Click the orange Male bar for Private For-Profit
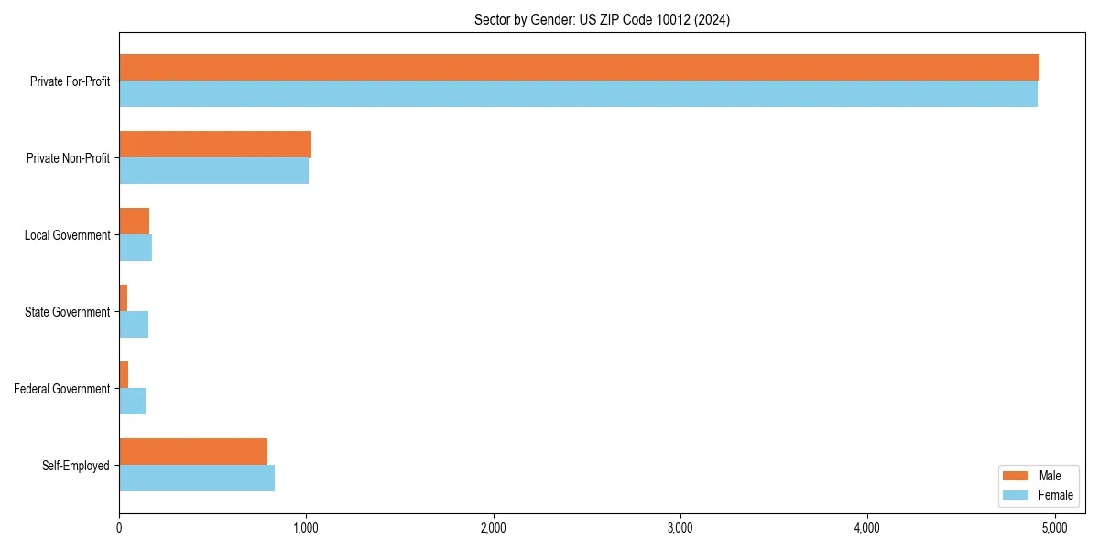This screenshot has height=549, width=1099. click(x=579, y=68)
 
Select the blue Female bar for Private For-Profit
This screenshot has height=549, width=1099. click(x=578, y=94)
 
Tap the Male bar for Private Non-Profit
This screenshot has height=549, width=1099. click(x=215, y=145)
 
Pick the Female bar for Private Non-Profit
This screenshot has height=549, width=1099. click(x=213, y=171)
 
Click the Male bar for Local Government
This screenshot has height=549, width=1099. click(x=135, y=221)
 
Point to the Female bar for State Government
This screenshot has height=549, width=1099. click(x=134, y=325)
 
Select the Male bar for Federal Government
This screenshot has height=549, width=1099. click(x=124, y=375)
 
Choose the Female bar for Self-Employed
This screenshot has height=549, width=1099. click(x=197, y=479)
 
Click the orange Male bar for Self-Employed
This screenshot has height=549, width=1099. click(x=193, y=452)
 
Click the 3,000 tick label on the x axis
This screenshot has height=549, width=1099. click(x=680, y=528)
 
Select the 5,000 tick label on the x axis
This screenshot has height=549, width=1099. click(x=1054, y=528)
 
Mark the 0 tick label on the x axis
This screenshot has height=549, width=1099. click(x=119, y=528)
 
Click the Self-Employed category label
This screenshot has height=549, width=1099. click(x=76, y=466)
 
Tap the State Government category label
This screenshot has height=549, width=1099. click(x=67, y=312)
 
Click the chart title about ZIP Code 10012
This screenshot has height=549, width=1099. click(x=602, y=19)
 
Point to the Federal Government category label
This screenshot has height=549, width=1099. click(x=62, y=389)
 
